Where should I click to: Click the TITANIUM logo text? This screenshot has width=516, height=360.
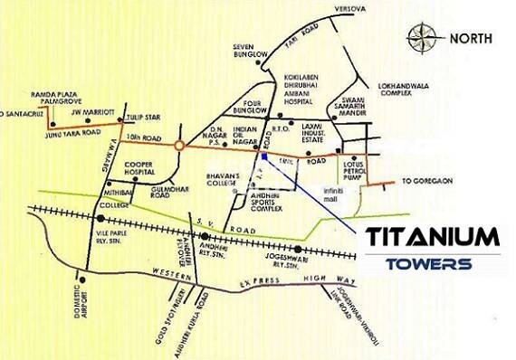(x=433, y=238)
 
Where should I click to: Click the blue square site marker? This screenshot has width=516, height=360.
(x=263, y=156)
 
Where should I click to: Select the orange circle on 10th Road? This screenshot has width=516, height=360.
(x=180, y=145)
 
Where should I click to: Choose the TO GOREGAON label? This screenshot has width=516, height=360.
(x=433, y=181)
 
